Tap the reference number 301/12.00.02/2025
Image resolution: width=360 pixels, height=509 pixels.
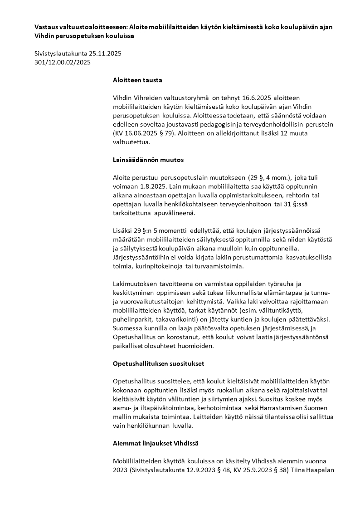(63, 62)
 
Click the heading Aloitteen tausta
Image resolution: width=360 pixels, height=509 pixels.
(137, 80)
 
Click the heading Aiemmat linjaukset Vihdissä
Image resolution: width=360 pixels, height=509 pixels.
(155, 443)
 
